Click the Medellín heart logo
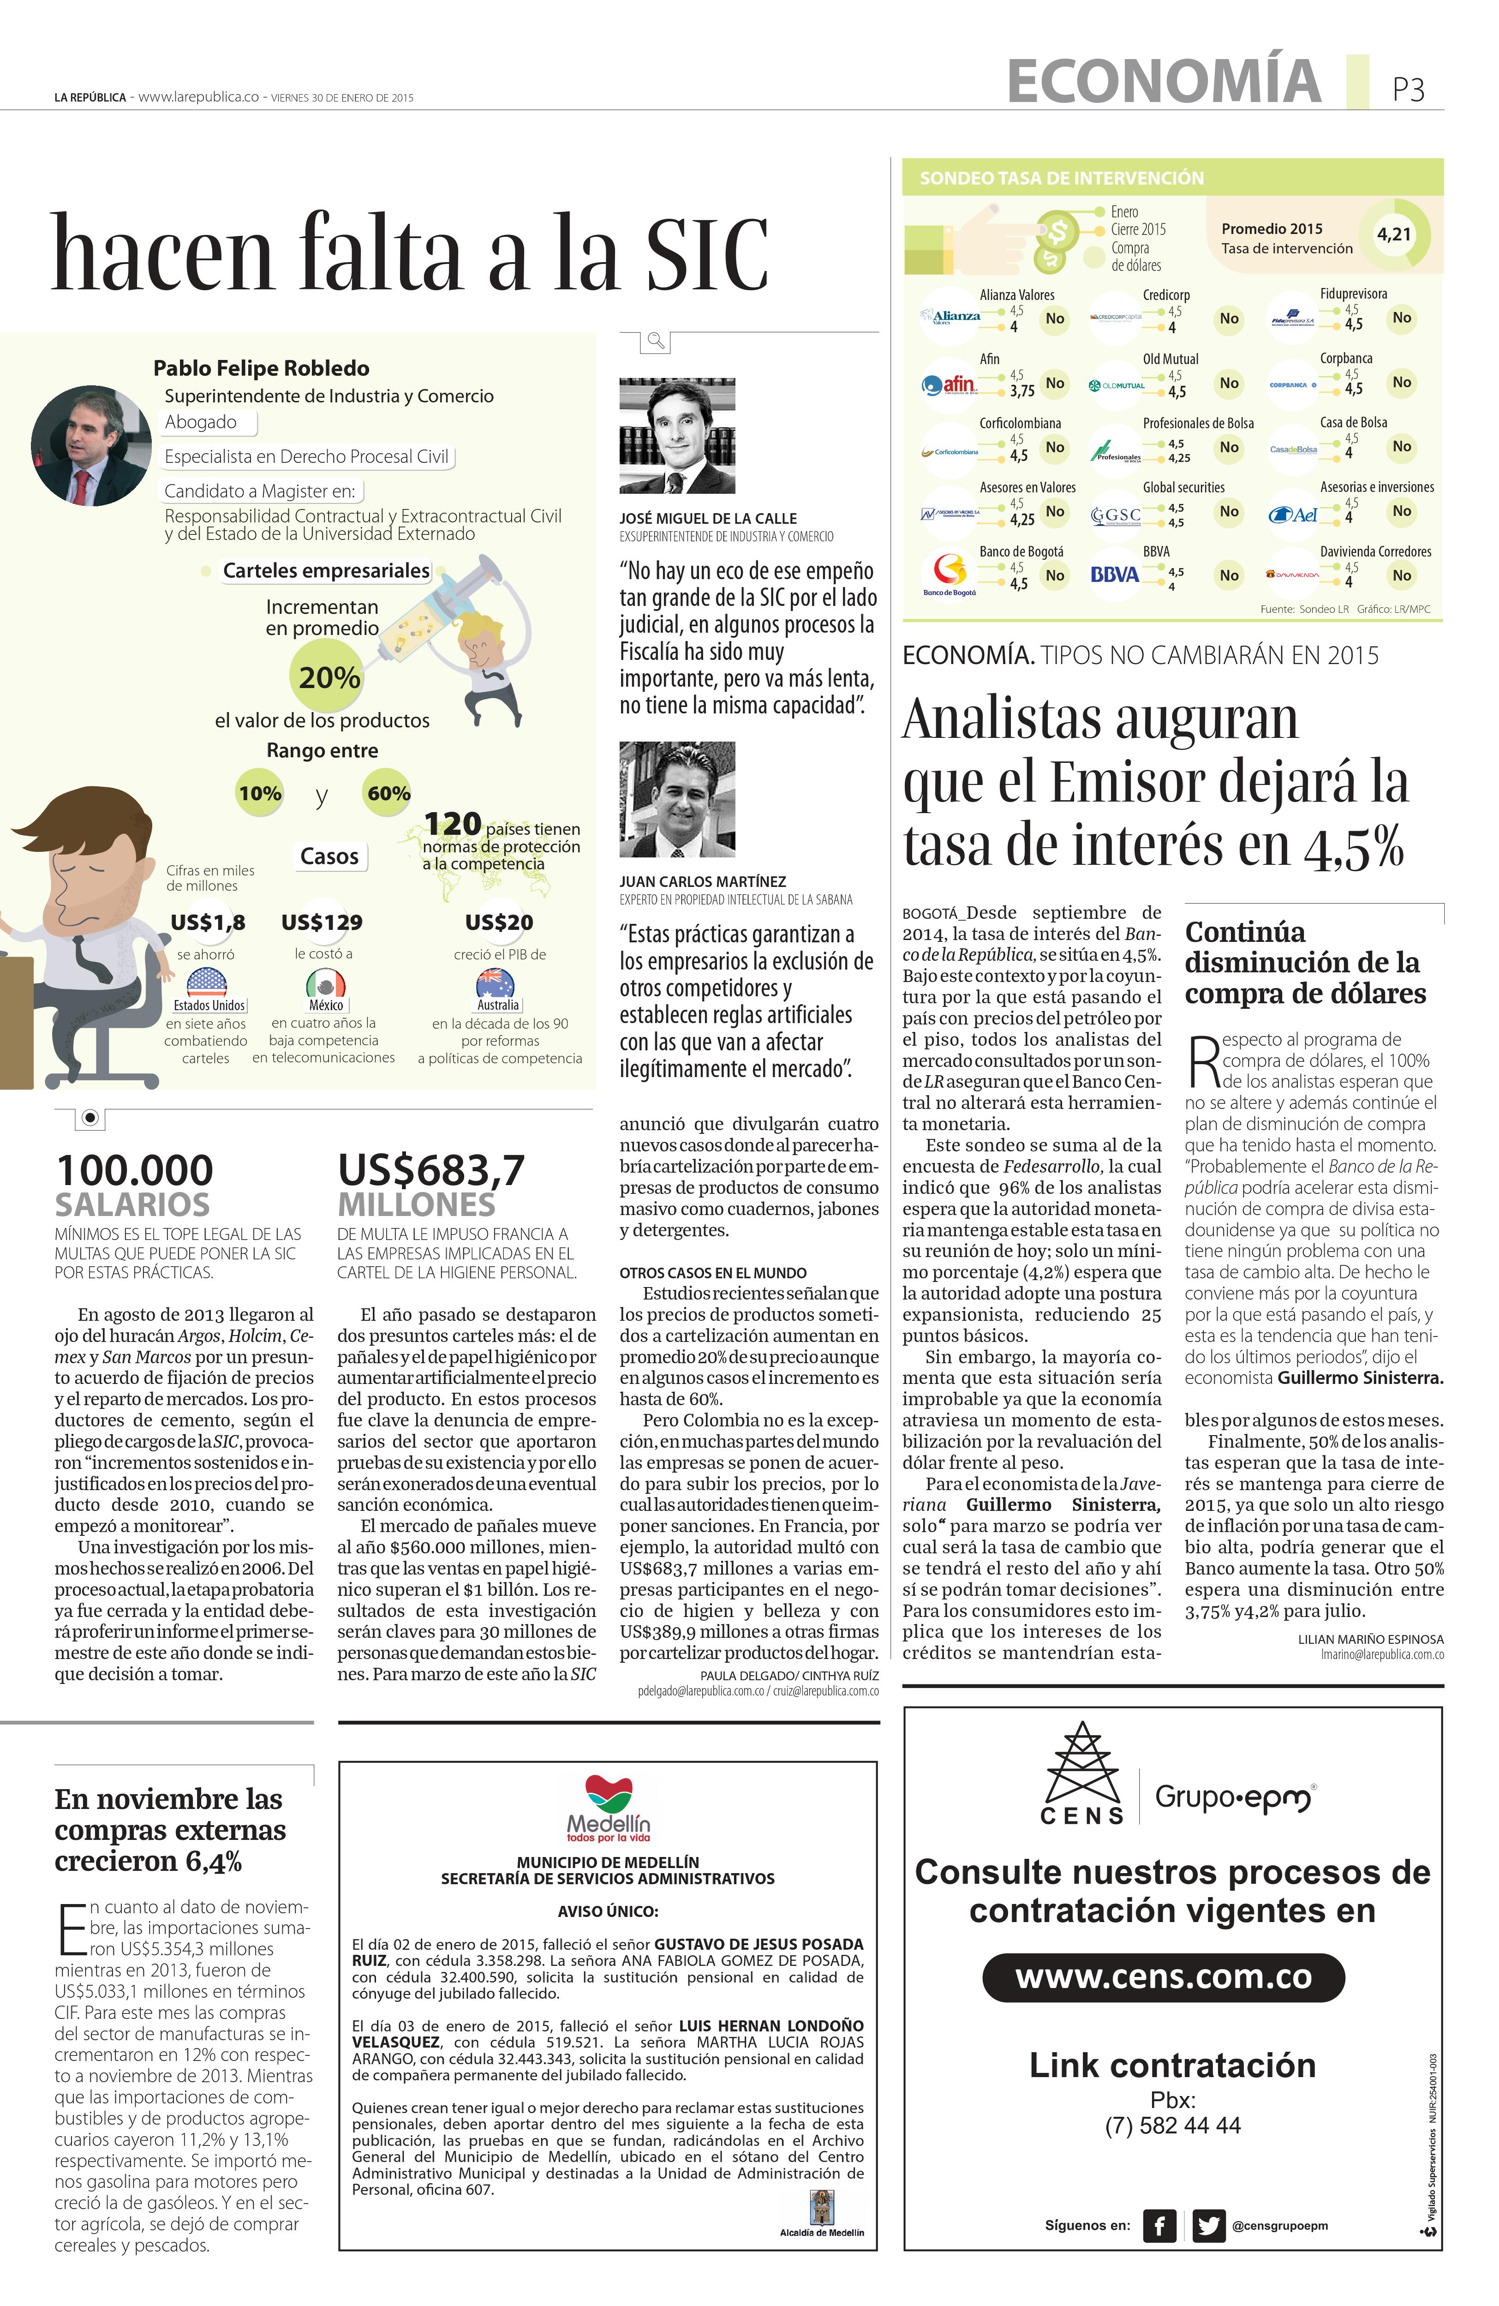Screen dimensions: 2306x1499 click(609, 1794)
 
